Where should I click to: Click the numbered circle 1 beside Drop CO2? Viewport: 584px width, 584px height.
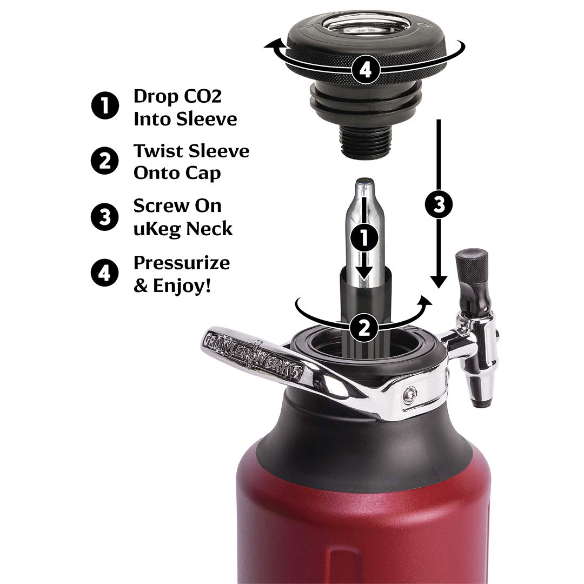pos(105,106)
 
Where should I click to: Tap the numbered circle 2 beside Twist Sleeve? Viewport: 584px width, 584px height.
pos(105,161)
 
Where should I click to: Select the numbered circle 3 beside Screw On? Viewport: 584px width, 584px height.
pos(105,216)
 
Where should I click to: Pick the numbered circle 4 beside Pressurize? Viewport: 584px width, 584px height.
pos(105,272)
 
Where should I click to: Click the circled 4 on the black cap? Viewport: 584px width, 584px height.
pos(366,70)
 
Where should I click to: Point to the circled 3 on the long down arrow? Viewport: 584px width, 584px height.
pos(440,203)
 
